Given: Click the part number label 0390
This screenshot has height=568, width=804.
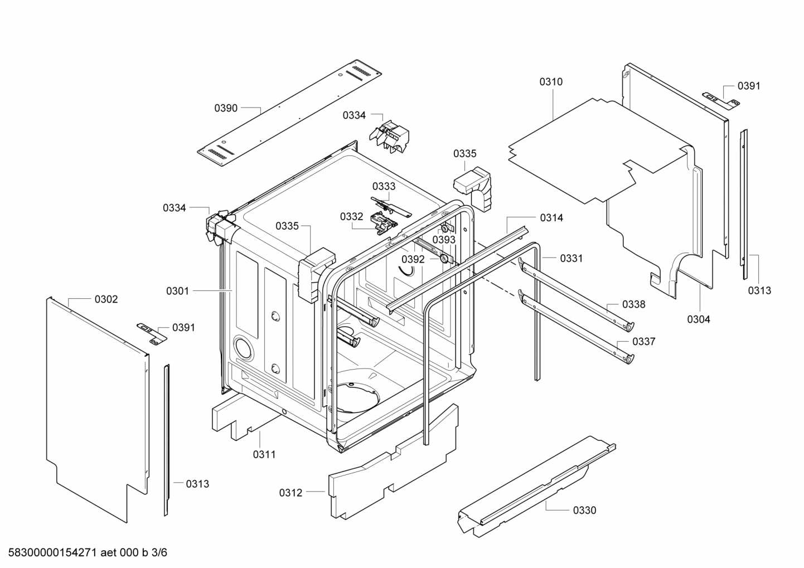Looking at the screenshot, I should click(226, 108).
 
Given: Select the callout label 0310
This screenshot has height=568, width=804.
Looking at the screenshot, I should click(550, 82).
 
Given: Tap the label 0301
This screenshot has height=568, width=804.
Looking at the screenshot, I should click(177, 291).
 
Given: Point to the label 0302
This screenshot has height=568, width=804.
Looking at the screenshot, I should click(106, 299).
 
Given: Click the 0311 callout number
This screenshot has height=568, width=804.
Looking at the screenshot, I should click(264, 454).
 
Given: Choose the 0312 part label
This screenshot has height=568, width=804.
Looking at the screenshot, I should click(290, 493).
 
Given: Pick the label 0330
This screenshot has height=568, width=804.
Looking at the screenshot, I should click(584, 510).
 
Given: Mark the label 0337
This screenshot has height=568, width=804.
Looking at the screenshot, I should click(643, 342).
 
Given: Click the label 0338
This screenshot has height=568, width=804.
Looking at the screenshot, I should click(634, 304).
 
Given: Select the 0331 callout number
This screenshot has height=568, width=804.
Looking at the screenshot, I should click(571, 258).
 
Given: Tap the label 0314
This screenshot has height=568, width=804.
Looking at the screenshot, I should click(551, 218).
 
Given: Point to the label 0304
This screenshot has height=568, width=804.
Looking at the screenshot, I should click(699, 319).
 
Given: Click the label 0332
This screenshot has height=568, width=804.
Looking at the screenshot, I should click(351, 216).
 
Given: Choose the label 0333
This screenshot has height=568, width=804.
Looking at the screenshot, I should click(384, 186).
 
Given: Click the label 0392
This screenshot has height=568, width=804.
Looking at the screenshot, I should click(413, 259).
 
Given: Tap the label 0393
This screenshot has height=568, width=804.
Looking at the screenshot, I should click(444, 240).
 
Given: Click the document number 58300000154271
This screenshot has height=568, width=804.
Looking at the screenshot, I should click(50, 553).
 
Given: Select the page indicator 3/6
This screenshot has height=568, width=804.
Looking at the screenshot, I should click(159, 553).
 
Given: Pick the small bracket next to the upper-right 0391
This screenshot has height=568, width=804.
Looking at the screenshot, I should click(720, 99).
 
